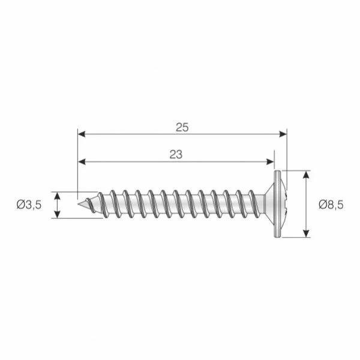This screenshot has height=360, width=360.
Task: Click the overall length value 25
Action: click(x=182, y=127)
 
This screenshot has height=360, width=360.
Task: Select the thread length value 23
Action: click(x=176, y=154)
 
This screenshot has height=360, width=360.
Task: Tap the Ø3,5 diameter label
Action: click(x=29, y=205)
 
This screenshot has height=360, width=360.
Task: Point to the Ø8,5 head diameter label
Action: click(x=331, y=204)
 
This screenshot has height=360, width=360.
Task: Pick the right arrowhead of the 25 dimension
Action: click(x=283, y=134)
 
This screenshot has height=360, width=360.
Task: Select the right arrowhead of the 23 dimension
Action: click(x=270, y=161)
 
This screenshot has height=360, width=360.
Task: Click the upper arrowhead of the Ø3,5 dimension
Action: click(x=58, y=196)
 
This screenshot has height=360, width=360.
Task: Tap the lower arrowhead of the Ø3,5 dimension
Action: click(x=58, y=214)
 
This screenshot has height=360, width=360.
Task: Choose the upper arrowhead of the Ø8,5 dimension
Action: click(x=307, y=175)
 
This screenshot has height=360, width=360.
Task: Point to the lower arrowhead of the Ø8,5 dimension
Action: click(x=307, y=234)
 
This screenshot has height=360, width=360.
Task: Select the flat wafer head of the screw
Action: click(x=277, y=205)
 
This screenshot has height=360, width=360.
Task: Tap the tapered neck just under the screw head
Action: click(x=263, y=205)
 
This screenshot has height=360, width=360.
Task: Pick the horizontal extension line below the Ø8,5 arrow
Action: click(x=297, y=238)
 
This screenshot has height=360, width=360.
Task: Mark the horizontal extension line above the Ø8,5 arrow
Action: click(x=297, y=170)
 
